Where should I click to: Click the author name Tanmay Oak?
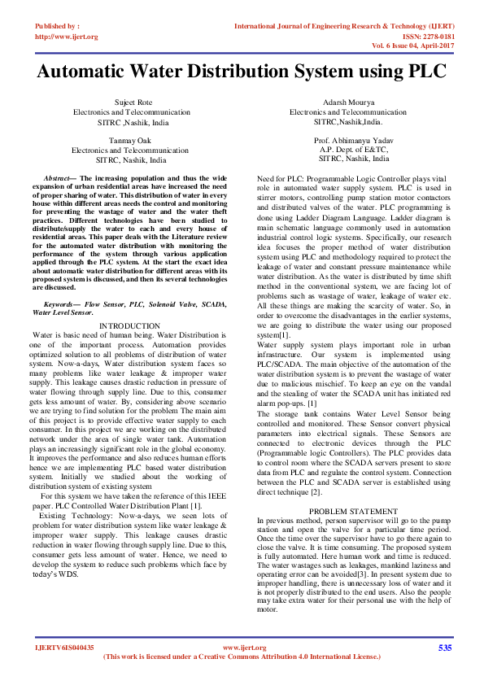(129, 141)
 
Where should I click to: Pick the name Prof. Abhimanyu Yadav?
(354, 141)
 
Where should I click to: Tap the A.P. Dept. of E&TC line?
(354, 150)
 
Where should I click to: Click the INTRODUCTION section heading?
(129, 325)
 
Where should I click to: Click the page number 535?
(444, 648)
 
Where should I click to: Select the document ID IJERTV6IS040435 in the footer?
(64, 648)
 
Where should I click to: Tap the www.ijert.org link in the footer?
(244, 648)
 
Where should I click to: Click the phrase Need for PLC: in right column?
(285, 177)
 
